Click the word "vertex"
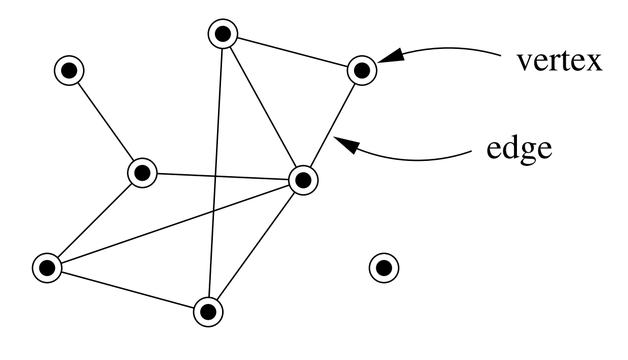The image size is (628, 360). [560, 63]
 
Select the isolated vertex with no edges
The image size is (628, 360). [384, 267]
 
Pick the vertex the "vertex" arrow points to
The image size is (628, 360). [362, 70]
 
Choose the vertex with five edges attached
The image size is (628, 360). [303, 179]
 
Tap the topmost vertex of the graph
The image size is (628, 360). [223, 34]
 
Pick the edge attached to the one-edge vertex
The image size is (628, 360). [105, 122]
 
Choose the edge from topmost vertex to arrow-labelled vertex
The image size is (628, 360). [292, 52]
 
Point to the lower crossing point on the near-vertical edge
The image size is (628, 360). [214, 210]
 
